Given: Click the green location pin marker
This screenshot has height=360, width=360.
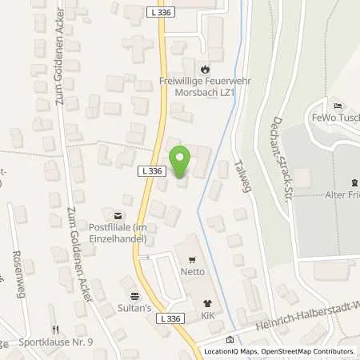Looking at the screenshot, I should [181, 163].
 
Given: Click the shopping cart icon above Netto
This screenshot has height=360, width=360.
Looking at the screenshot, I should [192, 260].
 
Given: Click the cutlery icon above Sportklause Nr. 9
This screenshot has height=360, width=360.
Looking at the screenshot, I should [55, 329].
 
